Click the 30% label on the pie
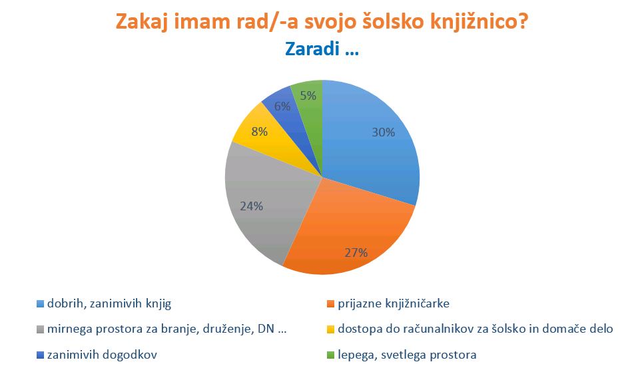pyautogui.click(x=384, y=132)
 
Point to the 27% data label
pyautogui.click(x=356, y=253)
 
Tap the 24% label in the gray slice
pyautogui.click(x=252, y=206)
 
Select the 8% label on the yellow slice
pyautogui.click(x=259, y=132)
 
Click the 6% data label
pyautogui.click(x=282, y=106)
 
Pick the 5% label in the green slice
pyautogui.click(x=308, y=96)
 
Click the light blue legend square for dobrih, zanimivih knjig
pyautogui.click(x=40, y=304)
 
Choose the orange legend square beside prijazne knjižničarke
pyautogui.click(x=330, y=304)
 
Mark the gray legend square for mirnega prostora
pyautogui.click(x=40, y=329)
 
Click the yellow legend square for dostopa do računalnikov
pyautogui.click(x=330, y=329)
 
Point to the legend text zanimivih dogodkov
pyautogui.click(x=102, y=355)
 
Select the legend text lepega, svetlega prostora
pyautogui.click(x=408, y=355)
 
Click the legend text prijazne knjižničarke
pyautogui.click(x=394, y=303)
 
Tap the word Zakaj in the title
pyautogui.click(x=141, y=22)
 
